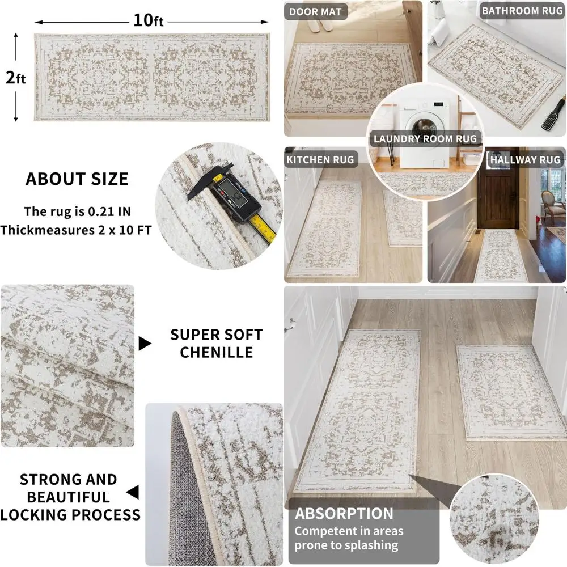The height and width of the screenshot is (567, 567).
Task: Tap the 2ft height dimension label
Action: (x=16, y=78)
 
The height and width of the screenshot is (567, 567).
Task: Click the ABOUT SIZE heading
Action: (x=77, y=179)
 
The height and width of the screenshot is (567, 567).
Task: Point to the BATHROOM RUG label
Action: (x=521, y=11)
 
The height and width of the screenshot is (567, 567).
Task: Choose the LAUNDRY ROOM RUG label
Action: (x=425, y=139)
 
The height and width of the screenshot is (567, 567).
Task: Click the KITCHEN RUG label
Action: (x=320, y=159)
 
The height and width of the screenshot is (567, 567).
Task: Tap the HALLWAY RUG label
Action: (x=525, y=160)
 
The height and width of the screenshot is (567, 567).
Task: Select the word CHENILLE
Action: (x=216, y=352)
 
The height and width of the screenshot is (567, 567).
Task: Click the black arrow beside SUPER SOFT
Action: (x=146, y=343)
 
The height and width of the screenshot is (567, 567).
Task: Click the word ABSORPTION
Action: (x=344, y=514)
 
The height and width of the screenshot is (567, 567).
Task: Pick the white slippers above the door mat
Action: (x=324, y=25)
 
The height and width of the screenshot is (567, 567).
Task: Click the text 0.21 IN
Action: (x=116, y=212)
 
